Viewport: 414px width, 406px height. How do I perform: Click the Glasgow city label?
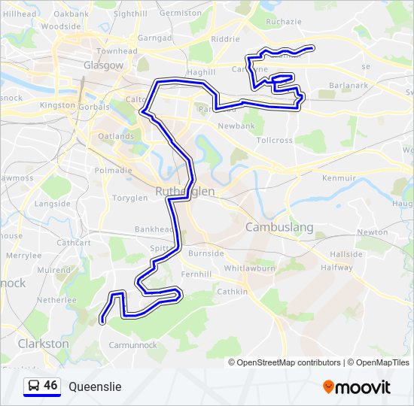[x=103, y=65]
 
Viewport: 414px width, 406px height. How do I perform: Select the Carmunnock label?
[x=132, y=345]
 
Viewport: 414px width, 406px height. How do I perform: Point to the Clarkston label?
[x=43, y=343]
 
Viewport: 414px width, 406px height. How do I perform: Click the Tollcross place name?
[x=274, y=141]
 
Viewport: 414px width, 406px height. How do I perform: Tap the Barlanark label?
[x=348, y=85]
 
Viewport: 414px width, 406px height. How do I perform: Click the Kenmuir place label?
[x=338, y=178]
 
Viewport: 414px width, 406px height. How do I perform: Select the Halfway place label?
[x=336, y=268]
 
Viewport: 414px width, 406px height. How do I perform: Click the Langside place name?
[x=52, y=204]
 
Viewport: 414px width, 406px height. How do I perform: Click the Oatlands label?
[x=116, y=136]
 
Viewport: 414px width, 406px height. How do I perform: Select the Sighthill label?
[x=130, y=14]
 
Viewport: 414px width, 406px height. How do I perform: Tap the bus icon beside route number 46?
[x=34, y=386]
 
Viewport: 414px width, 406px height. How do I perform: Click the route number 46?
[x=50, y=385]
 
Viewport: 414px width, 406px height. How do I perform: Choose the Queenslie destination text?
[x=94, y=386]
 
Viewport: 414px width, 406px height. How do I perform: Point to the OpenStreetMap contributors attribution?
[x=288, y=362]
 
